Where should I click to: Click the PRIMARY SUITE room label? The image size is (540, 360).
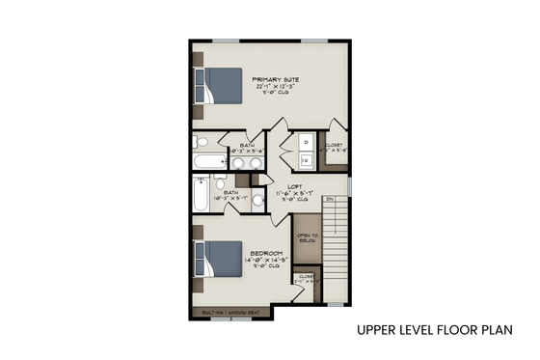pyautogui.click(x=275, y=79)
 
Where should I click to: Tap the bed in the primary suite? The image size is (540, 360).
pyautogui.click(x=221, y=85)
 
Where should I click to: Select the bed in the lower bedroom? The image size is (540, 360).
pyautogui.click(x=221, y=258)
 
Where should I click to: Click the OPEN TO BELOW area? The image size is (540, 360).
pyautogui.click(x=307, y=238)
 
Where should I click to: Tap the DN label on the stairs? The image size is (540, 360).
pyautogui.click(x=330, y=199)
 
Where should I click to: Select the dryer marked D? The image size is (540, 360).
pyautogui.click(x=307, y=141)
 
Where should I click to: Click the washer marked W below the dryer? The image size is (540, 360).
pyautogui.click(x=307, y=160)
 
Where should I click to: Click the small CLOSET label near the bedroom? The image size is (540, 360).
pyautogui.click(x=306, y=276)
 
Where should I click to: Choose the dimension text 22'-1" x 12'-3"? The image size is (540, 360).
pyautogui.click(x=275, y=87)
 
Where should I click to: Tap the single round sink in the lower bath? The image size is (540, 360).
pyautogui.click(x=258, y=201)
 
